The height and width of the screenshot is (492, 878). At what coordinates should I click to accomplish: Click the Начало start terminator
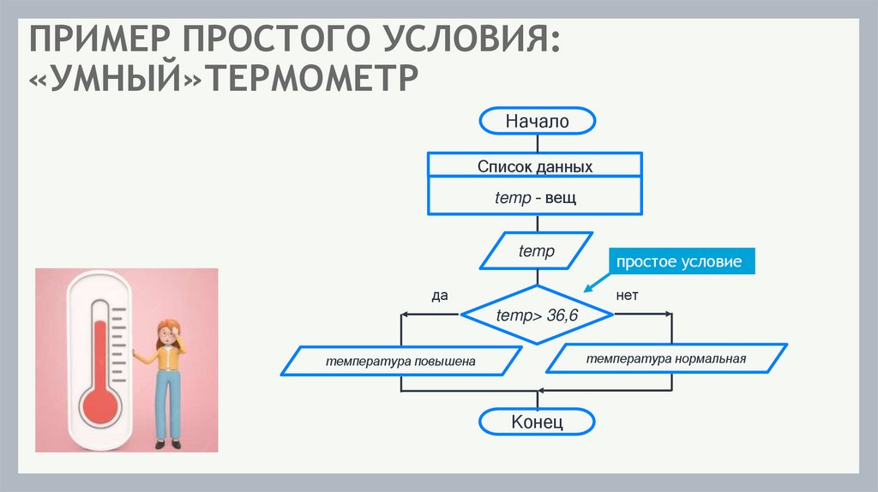pyautogui.click(x=537, y=122)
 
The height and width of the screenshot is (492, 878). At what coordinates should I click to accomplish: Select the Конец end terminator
pyautogui.click(x=537, y=423)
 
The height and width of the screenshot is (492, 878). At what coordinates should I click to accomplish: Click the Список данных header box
pyautogui.click(x=535, y=166)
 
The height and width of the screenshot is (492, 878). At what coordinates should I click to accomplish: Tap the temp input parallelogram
pyautogui.click(x=537, y=252)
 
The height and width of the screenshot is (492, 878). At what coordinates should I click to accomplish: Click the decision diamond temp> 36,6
pyautogui.click(x=538, y=315)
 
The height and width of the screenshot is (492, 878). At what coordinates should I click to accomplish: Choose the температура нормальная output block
pyautogui.click(x=666, y=359)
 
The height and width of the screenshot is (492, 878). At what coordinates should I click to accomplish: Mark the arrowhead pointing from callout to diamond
pyautogui.click(x=588, y=290)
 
